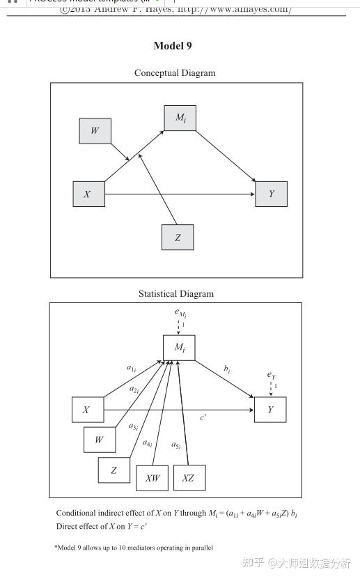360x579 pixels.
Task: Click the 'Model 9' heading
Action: [172, 46]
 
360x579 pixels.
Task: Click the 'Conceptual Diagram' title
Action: [175, 72]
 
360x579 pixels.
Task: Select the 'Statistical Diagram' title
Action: [175, 293]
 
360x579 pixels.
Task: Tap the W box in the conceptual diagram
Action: [95, 130]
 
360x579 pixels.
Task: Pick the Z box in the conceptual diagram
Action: [178, 238]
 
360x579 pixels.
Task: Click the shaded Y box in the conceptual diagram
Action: [271, 194]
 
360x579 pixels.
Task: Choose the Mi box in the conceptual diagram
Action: [180, 118]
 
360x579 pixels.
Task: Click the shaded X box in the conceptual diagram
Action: [88, 194]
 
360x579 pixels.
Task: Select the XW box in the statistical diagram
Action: [152, 478]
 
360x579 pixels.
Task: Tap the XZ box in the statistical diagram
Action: [188, 478]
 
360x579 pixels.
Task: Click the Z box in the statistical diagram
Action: [114, 470]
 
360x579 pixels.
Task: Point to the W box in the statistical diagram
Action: [100, 440]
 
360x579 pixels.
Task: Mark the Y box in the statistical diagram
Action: [270, 410]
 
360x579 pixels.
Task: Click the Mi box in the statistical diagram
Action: [179, 347]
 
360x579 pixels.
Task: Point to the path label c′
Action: [203, 417]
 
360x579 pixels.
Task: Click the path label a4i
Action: [148, 442]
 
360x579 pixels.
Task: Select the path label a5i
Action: [177, 446]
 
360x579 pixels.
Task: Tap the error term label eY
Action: [272, 375]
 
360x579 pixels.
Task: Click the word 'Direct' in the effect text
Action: [67, 525]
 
